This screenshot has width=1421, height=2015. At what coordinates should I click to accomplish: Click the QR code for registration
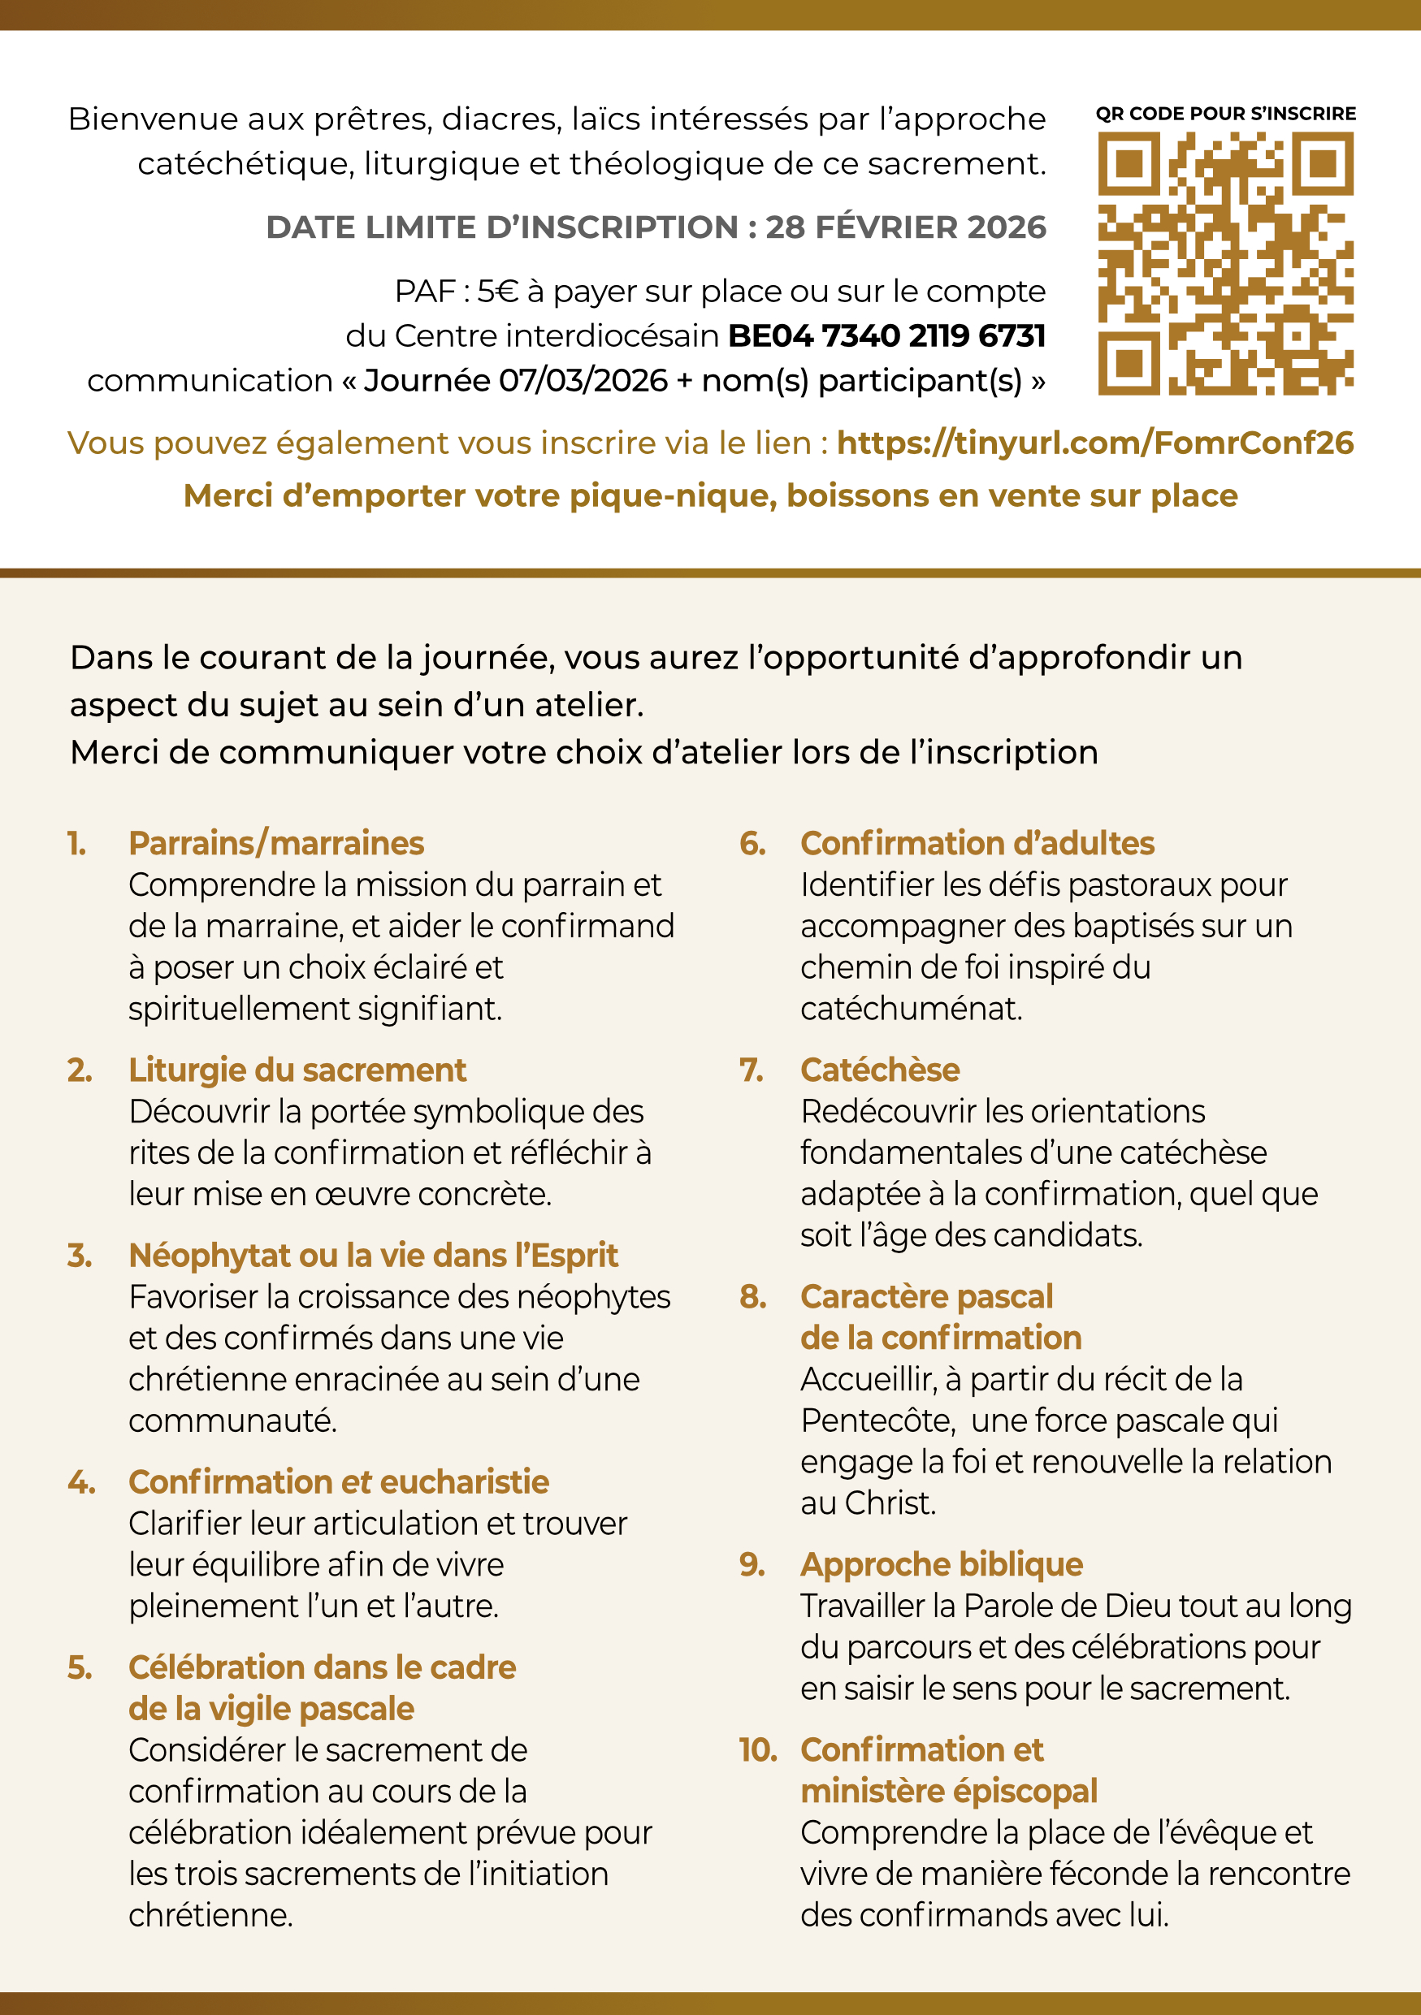1225,263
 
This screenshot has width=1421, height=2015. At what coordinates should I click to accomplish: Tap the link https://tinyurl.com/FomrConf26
1094,443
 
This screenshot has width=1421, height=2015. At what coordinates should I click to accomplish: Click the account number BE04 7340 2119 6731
886,336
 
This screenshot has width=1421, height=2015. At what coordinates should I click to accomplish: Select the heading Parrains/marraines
276,843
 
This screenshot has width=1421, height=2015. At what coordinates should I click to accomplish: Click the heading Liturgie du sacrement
297,1070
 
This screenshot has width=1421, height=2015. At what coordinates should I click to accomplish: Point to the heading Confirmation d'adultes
977,843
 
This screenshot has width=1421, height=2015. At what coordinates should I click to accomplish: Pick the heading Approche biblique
941,1565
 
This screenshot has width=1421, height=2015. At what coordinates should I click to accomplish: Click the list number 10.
757,1750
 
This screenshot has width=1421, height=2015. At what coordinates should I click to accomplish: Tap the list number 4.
80,1482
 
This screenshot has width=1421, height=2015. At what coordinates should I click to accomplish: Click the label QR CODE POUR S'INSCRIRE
1225,114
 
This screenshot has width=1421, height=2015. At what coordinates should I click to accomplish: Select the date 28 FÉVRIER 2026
906,227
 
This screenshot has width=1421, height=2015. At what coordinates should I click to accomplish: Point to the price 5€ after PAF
496,292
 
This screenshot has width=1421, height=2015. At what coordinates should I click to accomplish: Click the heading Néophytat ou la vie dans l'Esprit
373,1256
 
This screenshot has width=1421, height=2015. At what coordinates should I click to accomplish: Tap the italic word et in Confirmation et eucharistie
357,1482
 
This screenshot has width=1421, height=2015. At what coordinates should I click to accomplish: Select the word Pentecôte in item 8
877,1420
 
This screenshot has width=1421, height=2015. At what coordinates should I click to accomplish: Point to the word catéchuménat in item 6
911,1010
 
